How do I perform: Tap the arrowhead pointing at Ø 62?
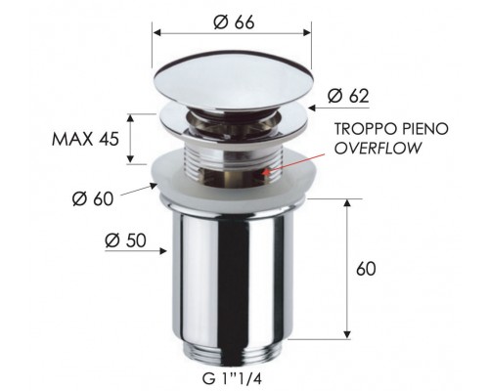point(310,101)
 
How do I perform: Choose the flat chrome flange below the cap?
point(231,119)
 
